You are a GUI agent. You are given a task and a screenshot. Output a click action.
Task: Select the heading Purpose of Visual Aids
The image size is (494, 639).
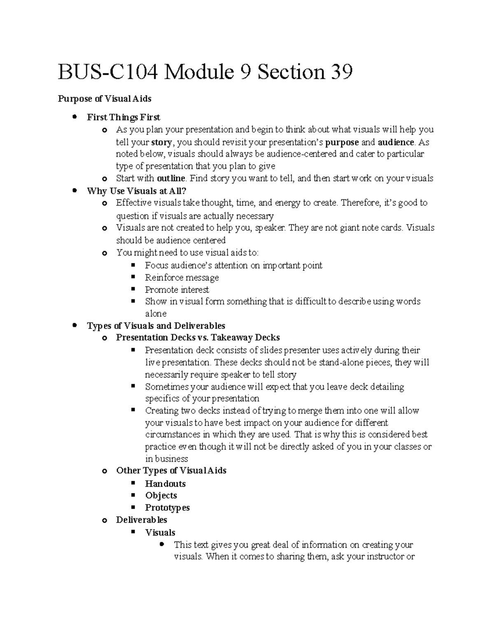click(105, 99)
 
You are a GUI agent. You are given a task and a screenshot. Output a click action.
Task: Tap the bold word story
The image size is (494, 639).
click(161, 142)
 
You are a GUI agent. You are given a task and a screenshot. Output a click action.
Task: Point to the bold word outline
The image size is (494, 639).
click(171, 179)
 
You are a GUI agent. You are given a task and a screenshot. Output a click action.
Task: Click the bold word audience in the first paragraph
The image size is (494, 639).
click(396, 142)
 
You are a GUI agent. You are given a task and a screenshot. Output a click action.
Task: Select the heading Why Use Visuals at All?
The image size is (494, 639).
click(137, 191)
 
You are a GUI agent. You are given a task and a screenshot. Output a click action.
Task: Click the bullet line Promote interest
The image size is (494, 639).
click(177, 290)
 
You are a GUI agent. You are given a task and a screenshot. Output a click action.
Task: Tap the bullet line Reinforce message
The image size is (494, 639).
click(182, 278)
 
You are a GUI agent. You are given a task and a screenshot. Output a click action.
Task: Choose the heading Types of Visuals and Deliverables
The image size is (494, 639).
click(156, 326)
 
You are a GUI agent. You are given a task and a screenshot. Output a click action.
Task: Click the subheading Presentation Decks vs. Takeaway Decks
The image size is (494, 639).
click(198, 338)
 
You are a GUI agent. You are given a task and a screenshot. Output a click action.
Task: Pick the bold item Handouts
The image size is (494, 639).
click(165, 483)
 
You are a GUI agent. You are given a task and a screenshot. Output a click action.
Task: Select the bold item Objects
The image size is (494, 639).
click(161, 495)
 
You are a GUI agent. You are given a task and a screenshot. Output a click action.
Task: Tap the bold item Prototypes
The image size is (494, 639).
click(167, 508)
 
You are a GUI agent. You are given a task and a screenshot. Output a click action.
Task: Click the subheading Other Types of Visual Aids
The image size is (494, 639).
click(171, 471)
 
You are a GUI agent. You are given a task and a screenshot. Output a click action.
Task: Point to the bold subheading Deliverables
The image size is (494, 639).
click(142, 520)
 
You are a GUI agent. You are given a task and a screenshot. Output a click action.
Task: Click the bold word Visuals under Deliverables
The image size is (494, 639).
click(160, 532)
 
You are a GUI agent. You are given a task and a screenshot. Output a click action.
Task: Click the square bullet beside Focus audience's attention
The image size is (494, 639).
click(133, 265)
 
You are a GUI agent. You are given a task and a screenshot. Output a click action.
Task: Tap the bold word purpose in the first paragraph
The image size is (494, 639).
click(342, 142)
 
